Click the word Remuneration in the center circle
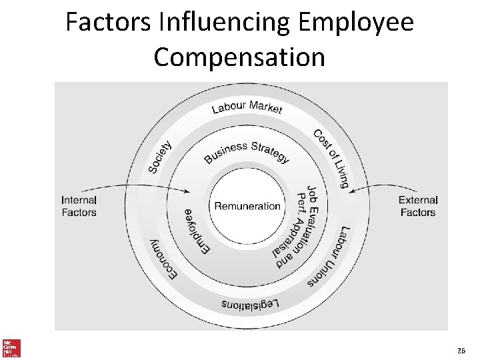point(247,206)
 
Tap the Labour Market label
point(247,107)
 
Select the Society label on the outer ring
point(160,157)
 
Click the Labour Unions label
point(329,257)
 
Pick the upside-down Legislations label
point(250,305)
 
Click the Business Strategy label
point(247,151)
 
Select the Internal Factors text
point(79,206)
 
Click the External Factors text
point(418,206)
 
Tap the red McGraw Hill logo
point(11,347)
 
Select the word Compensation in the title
point(239,57)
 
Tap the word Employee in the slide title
point(356,23)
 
